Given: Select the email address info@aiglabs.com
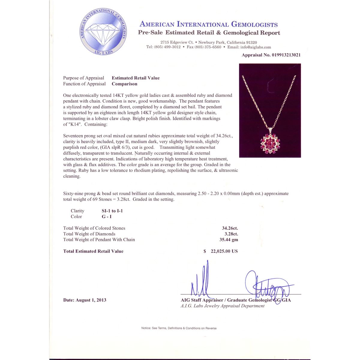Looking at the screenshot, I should click(x=256, y=47).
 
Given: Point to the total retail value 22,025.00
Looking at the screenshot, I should click(x=224, y=251).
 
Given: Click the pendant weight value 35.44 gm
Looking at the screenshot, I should click(x=229, y=240).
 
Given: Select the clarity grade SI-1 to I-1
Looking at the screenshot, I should click(x=112, y=211).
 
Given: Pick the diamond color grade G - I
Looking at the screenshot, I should click(x=106, y=217).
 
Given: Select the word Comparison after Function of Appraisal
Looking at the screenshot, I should click(x=124, y=84).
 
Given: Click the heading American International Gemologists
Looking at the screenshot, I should click(x=208, y=24).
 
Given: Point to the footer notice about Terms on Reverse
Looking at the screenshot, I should click(x=179, y=328).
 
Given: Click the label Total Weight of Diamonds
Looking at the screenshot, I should click(x=89, y=234).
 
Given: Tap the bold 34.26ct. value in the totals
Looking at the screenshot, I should click(x=230, y=228).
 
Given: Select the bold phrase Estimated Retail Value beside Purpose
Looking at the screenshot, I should click(x=136, y=78).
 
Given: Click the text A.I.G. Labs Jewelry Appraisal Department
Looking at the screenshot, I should click(x=223, y=306).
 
